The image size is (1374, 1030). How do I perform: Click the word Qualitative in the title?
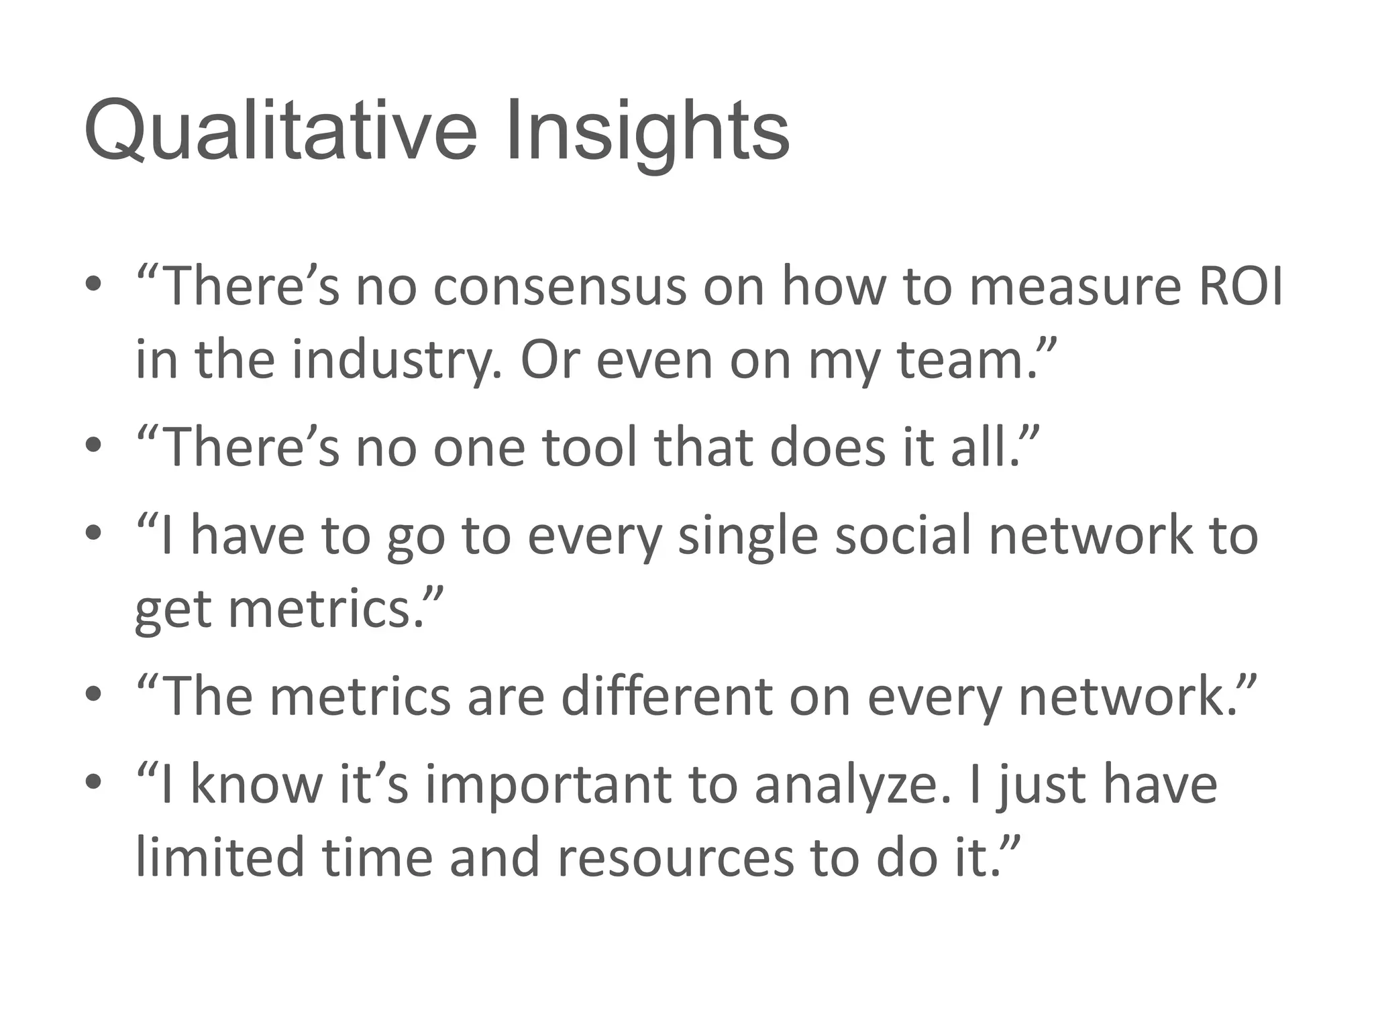(280, 131)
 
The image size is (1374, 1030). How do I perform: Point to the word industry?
(396, 360)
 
